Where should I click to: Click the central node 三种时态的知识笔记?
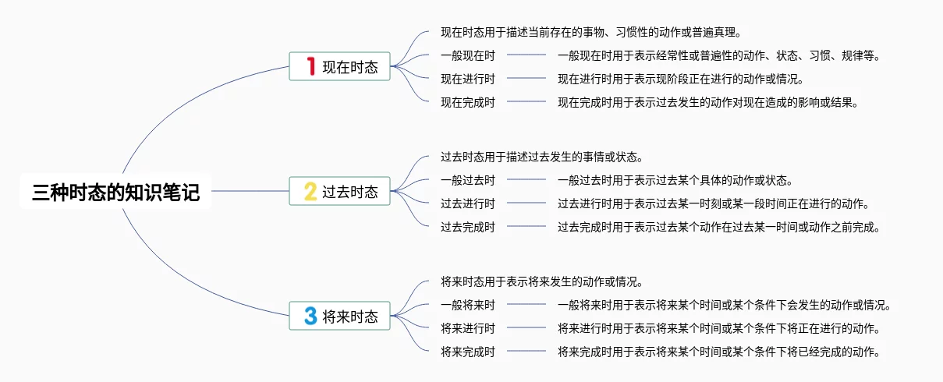coord(115,192)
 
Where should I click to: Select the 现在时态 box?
coord(339,66)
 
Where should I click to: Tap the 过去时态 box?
coord(339,191)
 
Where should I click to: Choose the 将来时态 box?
coord(339,316)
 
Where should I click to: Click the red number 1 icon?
coord(310,66)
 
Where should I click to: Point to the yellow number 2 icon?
coord(310,191)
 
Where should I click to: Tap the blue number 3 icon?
coord(310,316)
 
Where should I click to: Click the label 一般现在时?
coord(467,55)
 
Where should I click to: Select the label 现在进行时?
coord(467,79)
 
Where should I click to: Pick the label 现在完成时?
coord(467,102)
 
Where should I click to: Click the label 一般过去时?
coord(467,180)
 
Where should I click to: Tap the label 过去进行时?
coord(467,203)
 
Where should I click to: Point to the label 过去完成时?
coord(467,227)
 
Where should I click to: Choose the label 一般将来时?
coord(467,305)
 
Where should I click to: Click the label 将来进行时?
coord(467,328)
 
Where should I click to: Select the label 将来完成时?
coord(467,352)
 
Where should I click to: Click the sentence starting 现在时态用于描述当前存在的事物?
coord(590,33)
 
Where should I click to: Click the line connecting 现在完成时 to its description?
coord(526,102)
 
